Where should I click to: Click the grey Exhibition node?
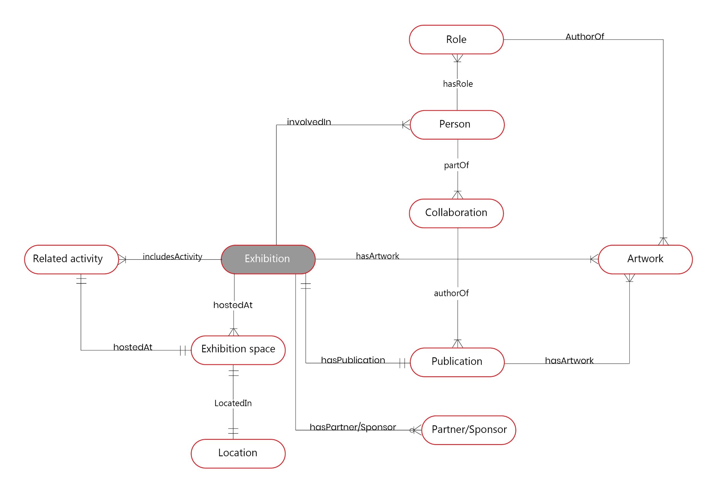click(x=268, y=259)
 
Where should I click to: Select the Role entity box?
click(x=456, y=39)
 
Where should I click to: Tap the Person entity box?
click(x=457, y=124)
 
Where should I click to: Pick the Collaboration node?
click(x=456, y=213)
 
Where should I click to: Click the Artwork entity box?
click(x=645, y=259)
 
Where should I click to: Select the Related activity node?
click(x=71, y=259)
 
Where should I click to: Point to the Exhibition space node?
click(x=238, y=350)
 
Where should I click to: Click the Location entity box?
click(x=238, y=453)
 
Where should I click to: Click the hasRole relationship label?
click(x=457, y=84)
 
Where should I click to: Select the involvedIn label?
click(x=309, y=122)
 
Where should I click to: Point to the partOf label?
click(x=456, y=165)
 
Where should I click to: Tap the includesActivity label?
click(x=172, y=257)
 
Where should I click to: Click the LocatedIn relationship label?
click(x=233, y=403)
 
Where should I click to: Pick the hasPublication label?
click(x=353, y=360)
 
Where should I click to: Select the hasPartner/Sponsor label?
click(x=352, y=427)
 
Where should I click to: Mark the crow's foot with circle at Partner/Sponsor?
click(x=415, y=430)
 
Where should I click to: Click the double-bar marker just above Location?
click(x=233, y=431)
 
